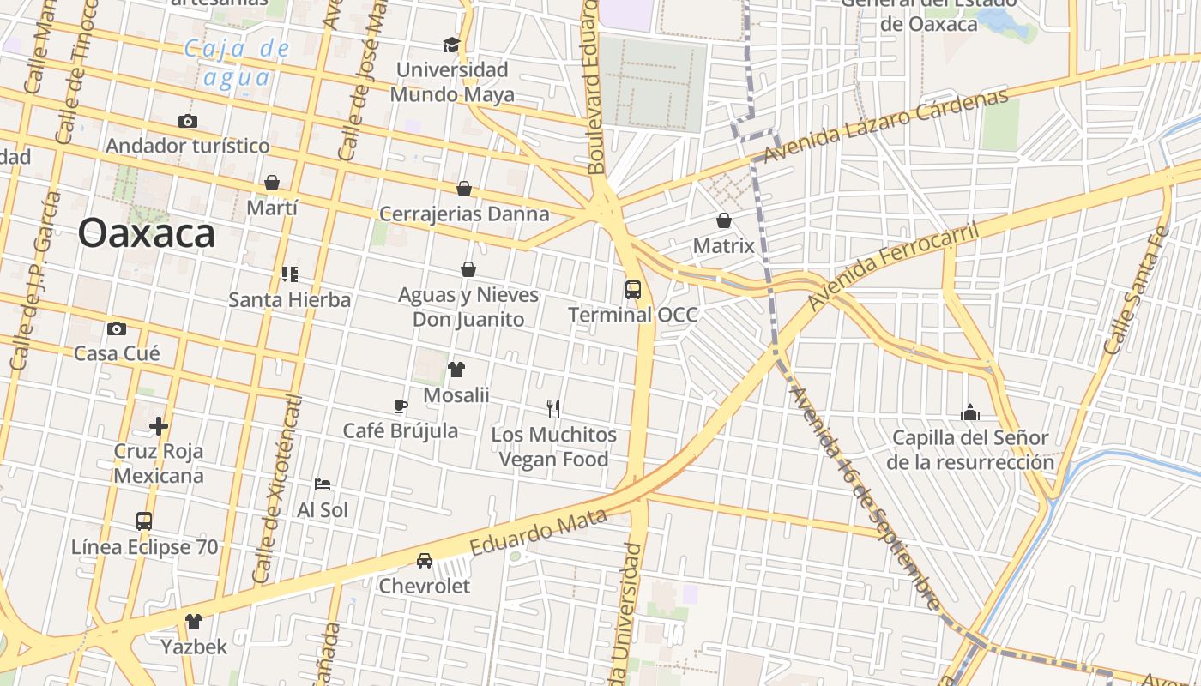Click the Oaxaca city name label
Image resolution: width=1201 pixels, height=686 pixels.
(x=146, y=233)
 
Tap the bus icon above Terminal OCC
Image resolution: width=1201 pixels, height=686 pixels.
(x=633, y=290)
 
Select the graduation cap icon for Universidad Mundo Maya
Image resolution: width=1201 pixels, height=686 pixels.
(x=451, y=45)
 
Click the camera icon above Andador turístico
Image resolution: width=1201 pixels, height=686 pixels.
(x=187, y=121)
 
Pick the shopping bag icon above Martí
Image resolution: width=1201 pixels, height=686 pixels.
(x=272, y=183)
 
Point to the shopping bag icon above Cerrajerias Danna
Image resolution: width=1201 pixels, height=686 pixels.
(x=464, y=189)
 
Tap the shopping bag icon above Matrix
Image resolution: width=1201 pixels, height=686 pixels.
(x=724, y=220)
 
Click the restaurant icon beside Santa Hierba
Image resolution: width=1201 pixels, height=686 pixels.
(x=289, y=274)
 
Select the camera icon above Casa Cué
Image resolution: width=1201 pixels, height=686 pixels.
(x=117, y=328)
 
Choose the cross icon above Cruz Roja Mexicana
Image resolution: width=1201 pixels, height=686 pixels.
(x=159, y=425)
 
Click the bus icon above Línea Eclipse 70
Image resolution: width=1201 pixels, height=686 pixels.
(x=144, y=521)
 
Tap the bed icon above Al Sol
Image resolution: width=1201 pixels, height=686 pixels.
(x=323, y=484)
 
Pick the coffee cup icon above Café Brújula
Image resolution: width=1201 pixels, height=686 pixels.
(x=400, y=406)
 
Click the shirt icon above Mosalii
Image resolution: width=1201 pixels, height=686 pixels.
(x=456, y=370)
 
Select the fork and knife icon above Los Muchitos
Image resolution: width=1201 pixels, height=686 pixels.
(x=553, y=409)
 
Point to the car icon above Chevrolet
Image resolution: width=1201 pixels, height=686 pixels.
(x=425, y=561)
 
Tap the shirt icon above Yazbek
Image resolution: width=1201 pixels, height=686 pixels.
(x=194, y=621)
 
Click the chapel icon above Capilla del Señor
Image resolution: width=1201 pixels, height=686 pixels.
(x=970, y=412)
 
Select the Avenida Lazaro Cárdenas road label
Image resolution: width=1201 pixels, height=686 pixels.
(x=885, y=126)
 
